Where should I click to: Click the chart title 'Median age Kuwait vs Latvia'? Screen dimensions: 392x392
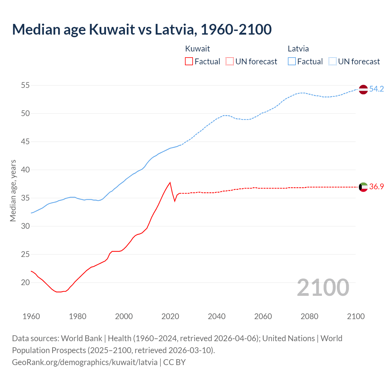click(141, 29)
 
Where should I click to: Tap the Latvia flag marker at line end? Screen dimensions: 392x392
click(363, 89)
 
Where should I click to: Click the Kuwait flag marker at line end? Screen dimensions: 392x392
click(363, 187)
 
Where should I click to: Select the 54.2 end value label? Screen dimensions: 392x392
click(376, 89)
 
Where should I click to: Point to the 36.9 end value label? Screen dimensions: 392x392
click(376, 187)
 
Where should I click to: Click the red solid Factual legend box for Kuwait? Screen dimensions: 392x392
click(189, 62)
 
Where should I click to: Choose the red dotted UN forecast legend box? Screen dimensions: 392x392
click(230, 62)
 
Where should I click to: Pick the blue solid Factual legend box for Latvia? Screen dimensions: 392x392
click(292, 62)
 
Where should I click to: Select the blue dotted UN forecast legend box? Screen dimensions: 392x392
click(332, 62)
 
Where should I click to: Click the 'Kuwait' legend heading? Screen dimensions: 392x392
click(198, 49)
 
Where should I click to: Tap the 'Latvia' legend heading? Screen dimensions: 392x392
click(298, 49)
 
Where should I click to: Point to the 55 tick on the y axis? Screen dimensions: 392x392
click(25, 85)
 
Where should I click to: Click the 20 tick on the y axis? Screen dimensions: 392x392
click(25, 283)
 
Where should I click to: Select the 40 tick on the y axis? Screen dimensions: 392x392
click(25, 170)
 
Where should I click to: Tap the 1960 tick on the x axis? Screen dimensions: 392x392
click(31, 316)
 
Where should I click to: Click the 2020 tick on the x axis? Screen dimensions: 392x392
click(170, 316)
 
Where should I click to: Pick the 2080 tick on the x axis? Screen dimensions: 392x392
click(309, 316)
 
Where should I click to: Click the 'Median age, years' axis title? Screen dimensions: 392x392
click(13, 190)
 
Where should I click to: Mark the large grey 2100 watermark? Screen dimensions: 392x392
click(323, 288)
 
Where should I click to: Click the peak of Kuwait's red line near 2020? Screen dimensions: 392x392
click(170, 183)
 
